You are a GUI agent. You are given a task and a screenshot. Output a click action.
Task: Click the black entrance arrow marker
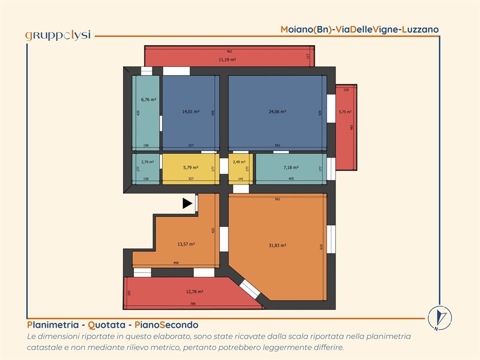click(x=187, y=203)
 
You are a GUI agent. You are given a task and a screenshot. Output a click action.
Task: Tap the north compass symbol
click(x=439, y=318)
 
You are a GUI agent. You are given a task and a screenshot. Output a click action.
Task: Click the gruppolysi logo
click(x=58, y=35)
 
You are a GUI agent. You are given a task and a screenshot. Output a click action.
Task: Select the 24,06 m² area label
click(x=277, y=111)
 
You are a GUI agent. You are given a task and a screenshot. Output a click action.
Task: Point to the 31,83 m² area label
click(x=277, y=245)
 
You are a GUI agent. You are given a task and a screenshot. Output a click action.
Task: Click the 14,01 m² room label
click(x=190, y=111)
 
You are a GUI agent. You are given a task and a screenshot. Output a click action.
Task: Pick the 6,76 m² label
click(x=148, y=99)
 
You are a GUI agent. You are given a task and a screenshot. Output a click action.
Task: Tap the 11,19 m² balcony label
click(x=227, y=59)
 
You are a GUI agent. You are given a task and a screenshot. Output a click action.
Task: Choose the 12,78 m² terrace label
click(x=194, y=291)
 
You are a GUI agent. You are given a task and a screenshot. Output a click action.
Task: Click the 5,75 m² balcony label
click(x=345, y=112)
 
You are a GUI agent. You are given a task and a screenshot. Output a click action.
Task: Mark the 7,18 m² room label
click(x=291, y=167)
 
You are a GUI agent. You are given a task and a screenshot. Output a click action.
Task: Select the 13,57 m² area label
click(x=186, y=244)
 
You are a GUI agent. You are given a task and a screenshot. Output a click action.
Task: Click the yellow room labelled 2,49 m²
click(x=240, y=169)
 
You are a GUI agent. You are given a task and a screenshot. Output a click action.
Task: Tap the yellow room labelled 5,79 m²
click(x=190, y=169)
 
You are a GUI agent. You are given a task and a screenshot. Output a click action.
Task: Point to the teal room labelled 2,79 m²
click(x=146, y=169)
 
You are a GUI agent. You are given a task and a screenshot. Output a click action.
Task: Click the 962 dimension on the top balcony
click(x=229, y=51)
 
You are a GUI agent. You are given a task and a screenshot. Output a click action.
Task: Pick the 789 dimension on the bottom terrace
click(x=192, y=303)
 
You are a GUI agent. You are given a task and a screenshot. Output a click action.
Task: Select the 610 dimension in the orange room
click(x=321, y=246)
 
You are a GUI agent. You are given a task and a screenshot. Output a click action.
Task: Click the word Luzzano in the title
click(x=420, y=29)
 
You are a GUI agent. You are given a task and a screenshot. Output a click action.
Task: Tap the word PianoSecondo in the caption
click(x=166, y=325)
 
